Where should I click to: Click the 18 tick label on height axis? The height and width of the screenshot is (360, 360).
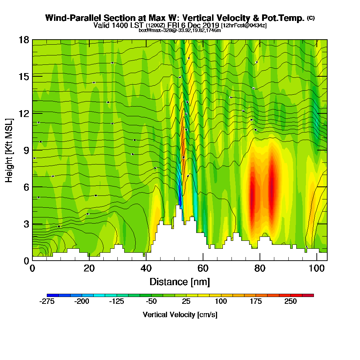[23, 40]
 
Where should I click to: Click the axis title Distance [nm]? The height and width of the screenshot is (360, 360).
[180, 282]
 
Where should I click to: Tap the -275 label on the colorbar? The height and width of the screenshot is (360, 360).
[47, 301]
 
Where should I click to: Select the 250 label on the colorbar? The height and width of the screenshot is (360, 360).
[291, 301]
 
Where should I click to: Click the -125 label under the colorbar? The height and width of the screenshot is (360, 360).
[116, 301]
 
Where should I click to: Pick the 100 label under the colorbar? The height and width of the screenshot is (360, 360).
[221, 301]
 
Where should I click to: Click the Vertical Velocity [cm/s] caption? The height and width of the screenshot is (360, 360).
[180, 315]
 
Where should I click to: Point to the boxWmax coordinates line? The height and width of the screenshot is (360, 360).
[180, 30]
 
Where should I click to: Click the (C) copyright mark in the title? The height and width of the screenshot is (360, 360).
[311, 18]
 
